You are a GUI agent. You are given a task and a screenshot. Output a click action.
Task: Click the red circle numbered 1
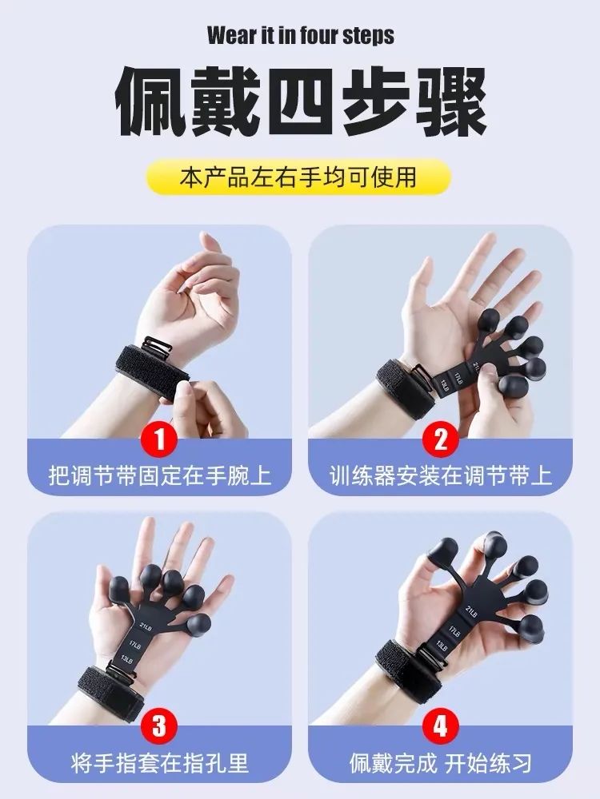pyautogui.click(x=159, y=439)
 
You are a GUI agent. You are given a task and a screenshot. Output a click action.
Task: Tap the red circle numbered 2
pyautogui.click(x=441, y=439)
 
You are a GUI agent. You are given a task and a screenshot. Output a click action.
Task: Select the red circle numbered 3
pyautogui.click(x=159, y=726)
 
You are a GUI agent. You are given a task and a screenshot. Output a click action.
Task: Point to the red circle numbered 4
pyautogui.click(x=441, y=726)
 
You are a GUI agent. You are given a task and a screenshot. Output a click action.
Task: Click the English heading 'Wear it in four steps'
pyautogui.click(x=300, y=36)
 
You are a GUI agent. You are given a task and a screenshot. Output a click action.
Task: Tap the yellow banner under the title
pyautogui.click(x=300, y=176)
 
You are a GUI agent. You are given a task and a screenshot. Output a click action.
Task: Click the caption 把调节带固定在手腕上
pyautogui.click(x=159, y=477)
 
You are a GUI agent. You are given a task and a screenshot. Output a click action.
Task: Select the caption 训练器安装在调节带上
pyautogui.click(x=441, y=477)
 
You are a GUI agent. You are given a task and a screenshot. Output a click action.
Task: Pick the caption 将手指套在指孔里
pyautogui.click(x=159, y=763)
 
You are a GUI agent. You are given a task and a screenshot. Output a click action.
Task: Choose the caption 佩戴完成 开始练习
pyautogui.click(x=441, y=763)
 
